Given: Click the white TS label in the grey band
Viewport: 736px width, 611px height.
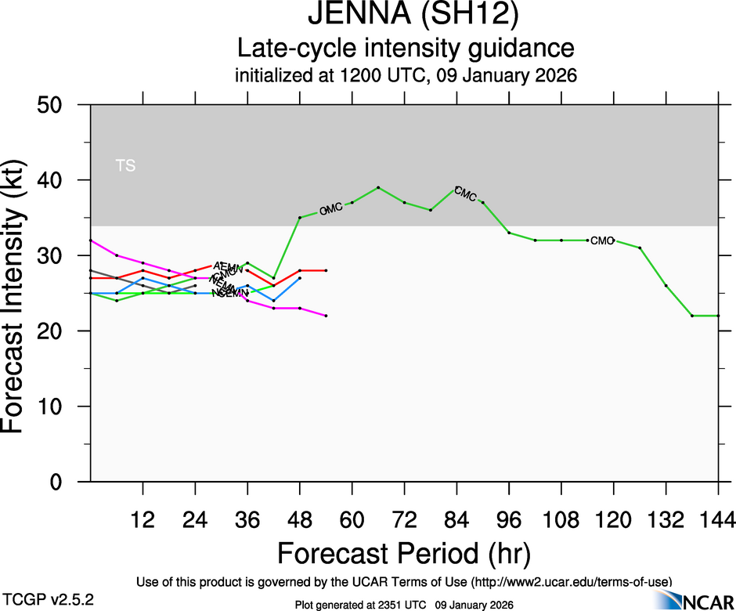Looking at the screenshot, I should (125, 165).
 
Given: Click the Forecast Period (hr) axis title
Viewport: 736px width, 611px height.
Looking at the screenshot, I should (404, 553).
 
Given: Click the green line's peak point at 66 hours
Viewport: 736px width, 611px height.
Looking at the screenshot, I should (378, 187).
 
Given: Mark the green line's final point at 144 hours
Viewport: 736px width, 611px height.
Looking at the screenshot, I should (718, 316).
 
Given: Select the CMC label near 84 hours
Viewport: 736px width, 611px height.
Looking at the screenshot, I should (465, 193).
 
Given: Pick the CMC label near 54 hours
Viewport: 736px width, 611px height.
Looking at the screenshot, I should (331, 209).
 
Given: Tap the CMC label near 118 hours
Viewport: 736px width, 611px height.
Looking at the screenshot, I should (602, 240).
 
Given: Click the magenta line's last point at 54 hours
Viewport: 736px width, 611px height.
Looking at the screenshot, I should (326, 316).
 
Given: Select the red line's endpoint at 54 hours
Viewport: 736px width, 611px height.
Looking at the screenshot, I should (326, 270).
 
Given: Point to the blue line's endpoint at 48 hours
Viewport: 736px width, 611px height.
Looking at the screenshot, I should (300, 278).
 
